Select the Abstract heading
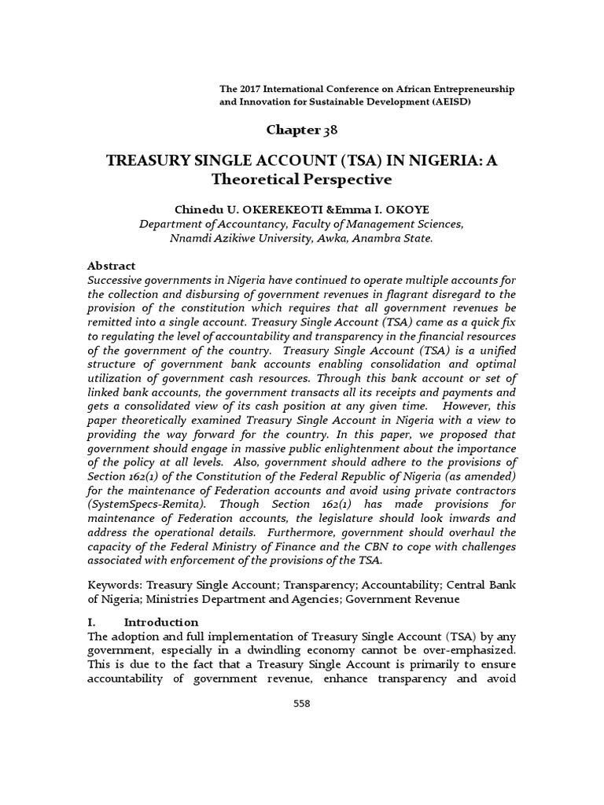112,266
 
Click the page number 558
301,704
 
